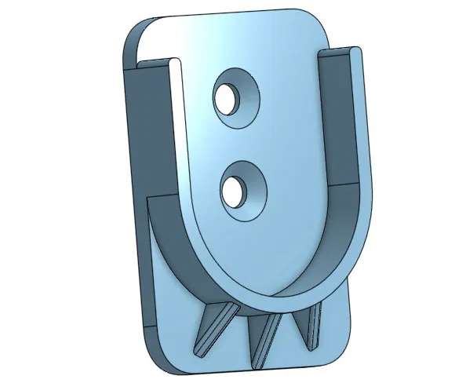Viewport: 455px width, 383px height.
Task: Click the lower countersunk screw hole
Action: tap(233, 188)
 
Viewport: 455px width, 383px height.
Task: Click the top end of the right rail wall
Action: tap(342, 52)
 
